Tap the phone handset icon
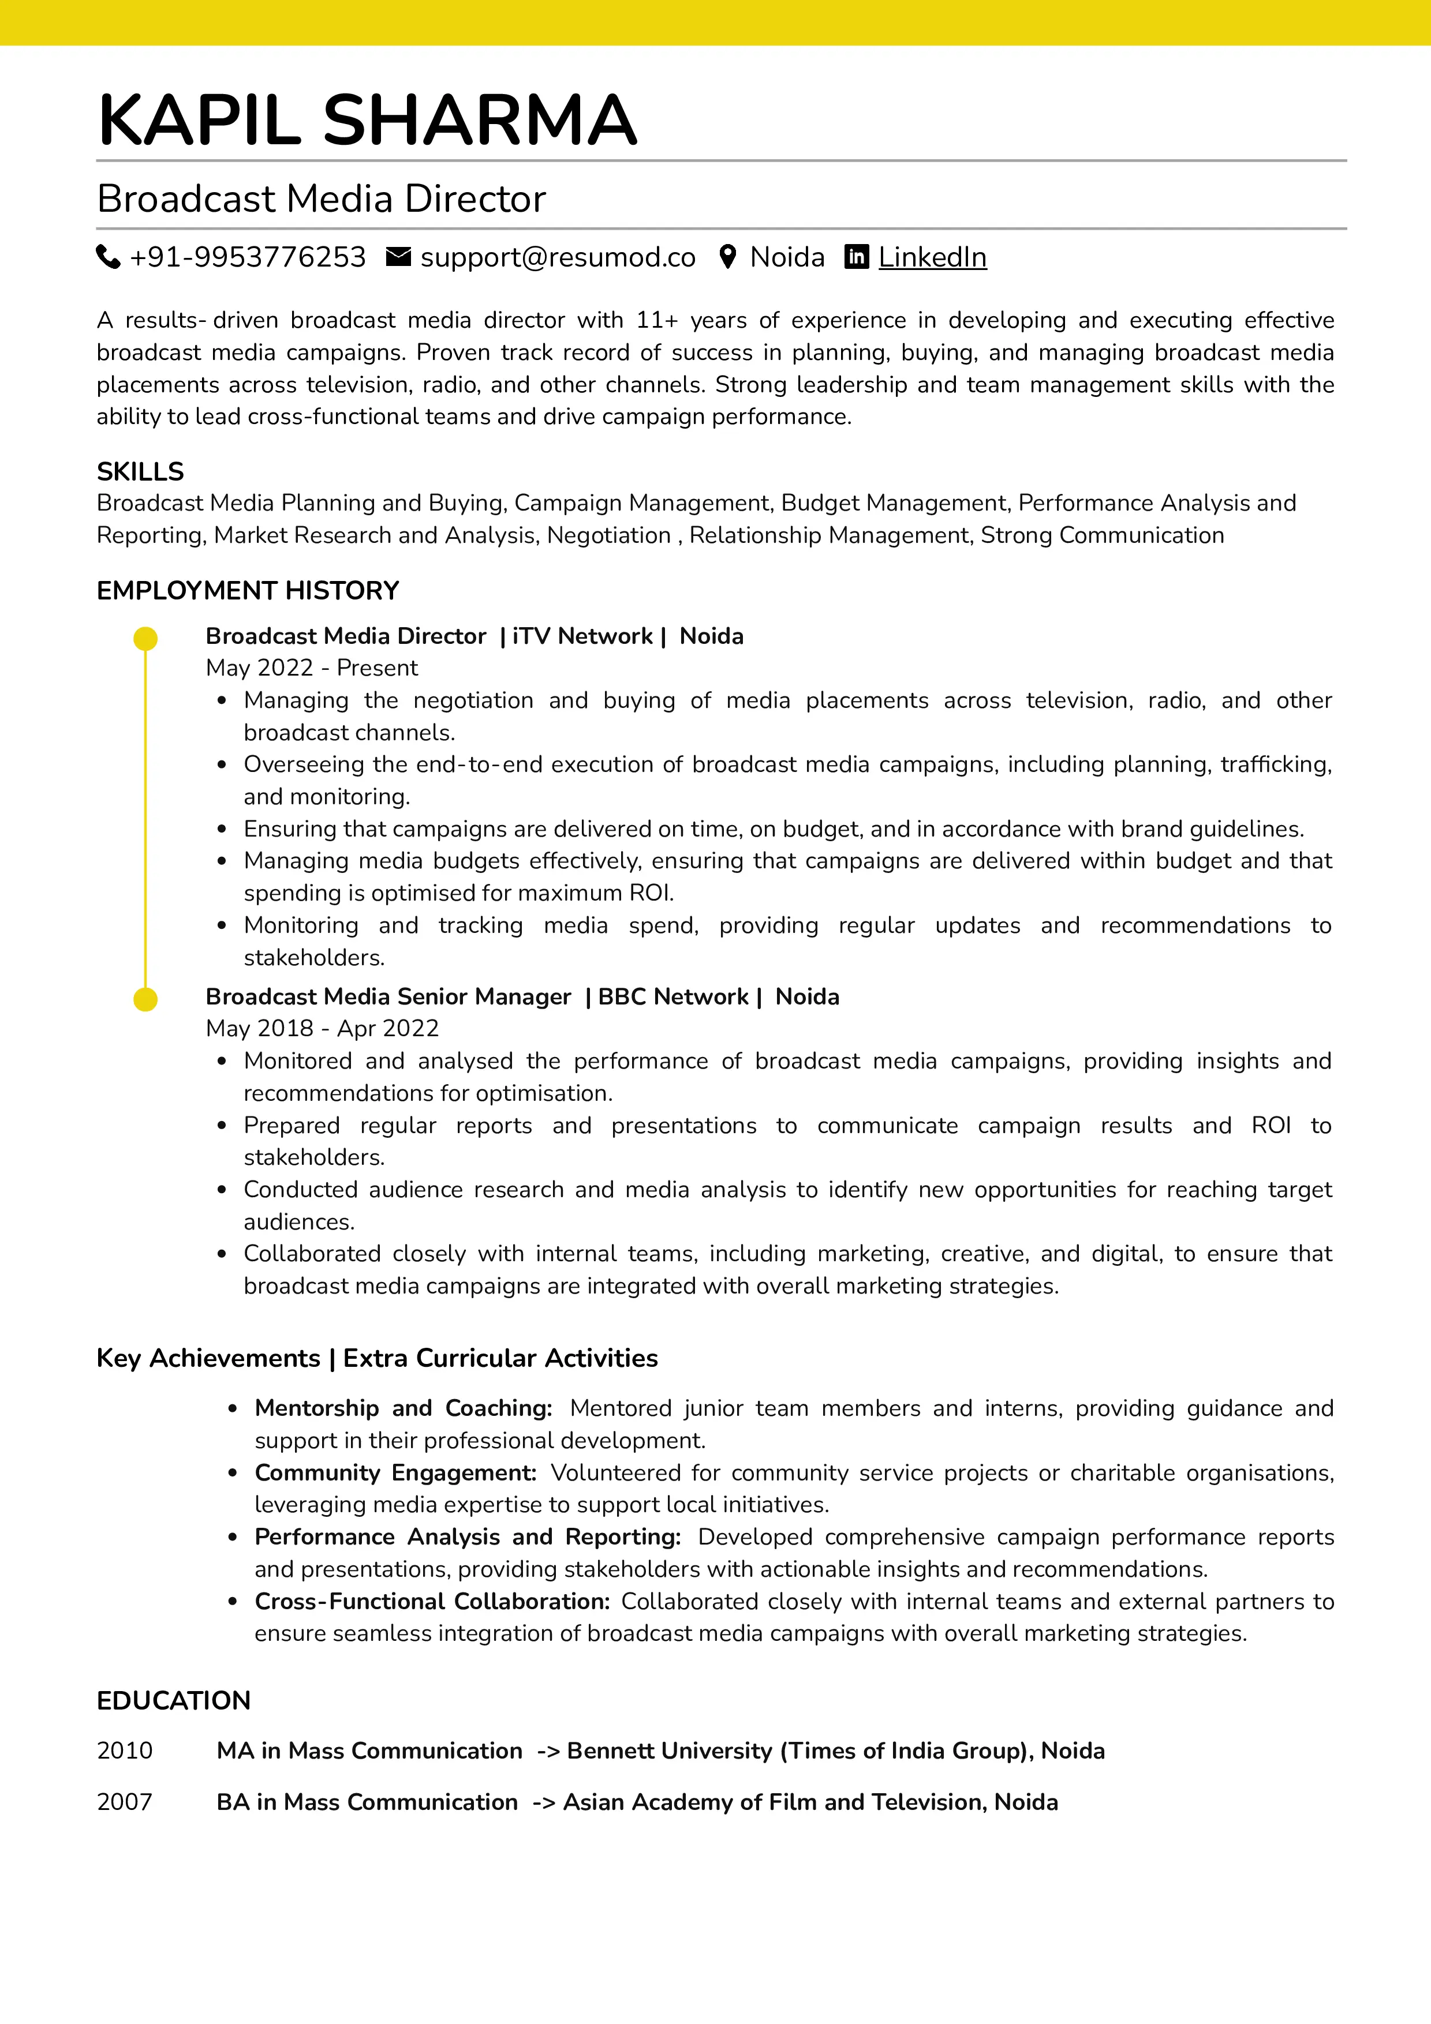[x=107, y=257]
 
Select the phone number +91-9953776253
[x=247, y=257]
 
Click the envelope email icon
[x=398, y=257]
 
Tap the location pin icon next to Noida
[x=727, y=257]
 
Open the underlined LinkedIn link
[x=932, y=257]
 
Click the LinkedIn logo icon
[x=856, y=257]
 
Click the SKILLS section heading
[x=140, y=471]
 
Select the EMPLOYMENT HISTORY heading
[x=248, y=591]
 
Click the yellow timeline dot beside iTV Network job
[x=145, y=638]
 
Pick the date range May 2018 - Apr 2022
[x=322, y=1029]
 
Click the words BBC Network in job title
[x=672, y=997]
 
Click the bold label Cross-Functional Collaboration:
[x=432, y=1601]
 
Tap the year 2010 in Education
[x=124, y=1751]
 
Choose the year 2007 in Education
[x=124, y=1802]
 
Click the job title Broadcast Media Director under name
[x=321, y=199]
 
